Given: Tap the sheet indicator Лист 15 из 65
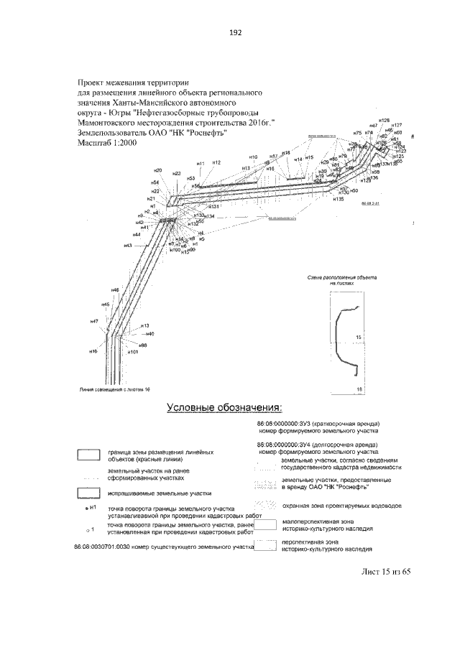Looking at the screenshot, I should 385,572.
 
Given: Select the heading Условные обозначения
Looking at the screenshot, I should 224,408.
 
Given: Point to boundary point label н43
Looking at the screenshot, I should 128,246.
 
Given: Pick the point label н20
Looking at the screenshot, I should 157,170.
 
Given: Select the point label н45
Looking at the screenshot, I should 105,305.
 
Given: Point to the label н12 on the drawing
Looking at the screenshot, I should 216,163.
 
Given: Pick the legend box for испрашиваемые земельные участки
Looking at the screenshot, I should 88,494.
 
